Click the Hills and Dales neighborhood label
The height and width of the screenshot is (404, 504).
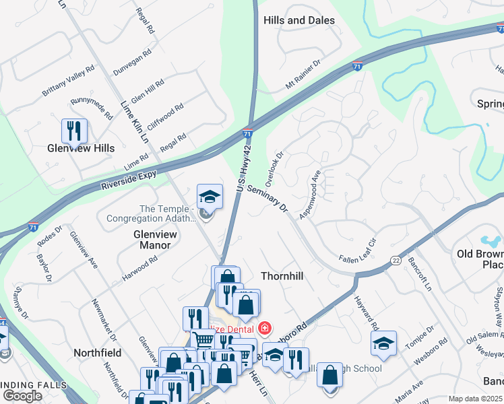tap(299, 21)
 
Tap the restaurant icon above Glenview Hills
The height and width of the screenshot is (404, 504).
tap(74, 130)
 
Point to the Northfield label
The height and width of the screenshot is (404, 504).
tap(98, 352)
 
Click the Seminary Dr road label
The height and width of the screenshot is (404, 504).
tap(267, 200)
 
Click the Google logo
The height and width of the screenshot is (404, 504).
tap(23, 396)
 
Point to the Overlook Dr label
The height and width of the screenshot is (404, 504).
tap(276, 166)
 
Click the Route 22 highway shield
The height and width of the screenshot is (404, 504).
tap(396, 259)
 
